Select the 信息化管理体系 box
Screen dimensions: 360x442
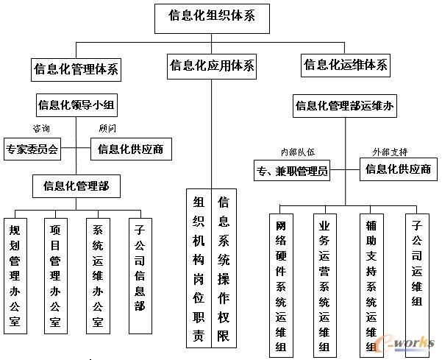[76, 70]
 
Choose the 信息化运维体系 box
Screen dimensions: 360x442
[346, 65]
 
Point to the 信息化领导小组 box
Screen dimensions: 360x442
[76, 105]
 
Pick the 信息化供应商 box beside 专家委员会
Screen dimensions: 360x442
[131, 149]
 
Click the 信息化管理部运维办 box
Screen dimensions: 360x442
[345, 106]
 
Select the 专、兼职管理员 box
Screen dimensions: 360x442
[291, 172]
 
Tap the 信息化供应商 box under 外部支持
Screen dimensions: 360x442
[399, 169]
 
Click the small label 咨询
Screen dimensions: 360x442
[41, 128]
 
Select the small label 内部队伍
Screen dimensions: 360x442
[297, 152]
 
